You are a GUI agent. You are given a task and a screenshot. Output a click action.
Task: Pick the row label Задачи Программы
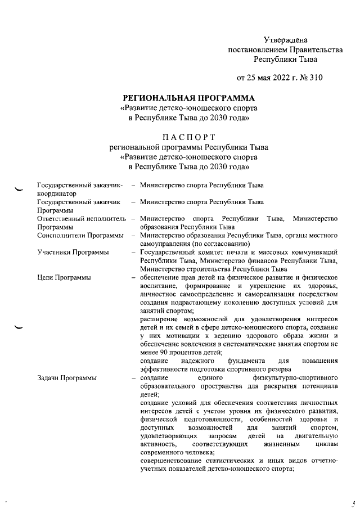click(66, 378)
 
